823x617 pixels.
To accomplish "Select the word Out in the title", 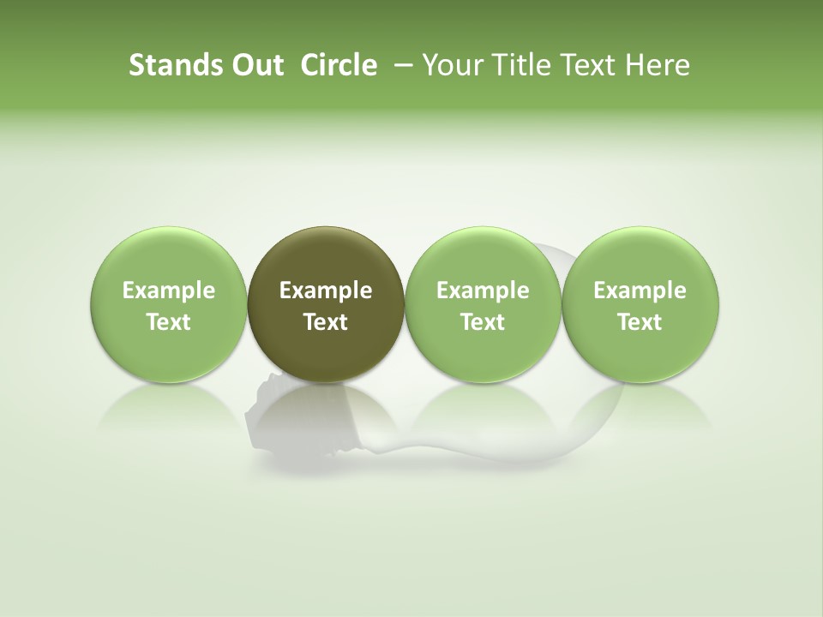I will pos(255,65).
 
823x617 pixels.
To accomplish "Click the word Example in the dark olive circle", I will pos(326,291).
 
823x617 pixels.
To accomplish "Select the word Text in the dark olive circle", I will pos(326,322).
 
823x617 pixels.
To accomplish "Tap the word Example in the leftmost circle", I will pos(169,291).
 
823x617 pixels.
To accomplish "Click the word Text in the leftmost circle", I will pos(169,322).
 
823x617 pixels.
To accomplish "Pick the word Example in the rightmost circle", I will pos(640,291).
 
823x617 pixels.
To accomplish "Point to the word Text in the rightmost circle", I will pos(640,322).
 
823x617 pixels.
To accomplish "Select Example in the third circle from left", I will pos(483,291).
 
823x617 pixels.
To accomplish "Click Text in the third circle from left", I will pos(483,322).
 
